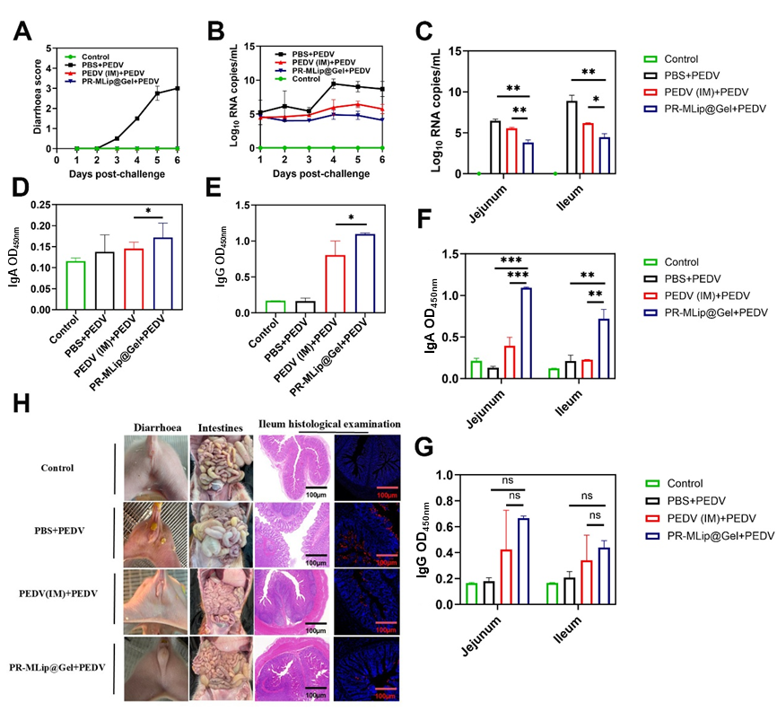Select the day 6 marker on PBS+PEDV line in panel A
pyautogui.click(x=178, y=89)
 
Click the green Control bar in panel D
pyautogui.click(x=74, y=286)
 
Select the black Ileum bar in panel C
pyautogui.click(x=572, y=137)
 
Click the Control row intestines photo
pyautogui.click(x=220, y=469)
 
